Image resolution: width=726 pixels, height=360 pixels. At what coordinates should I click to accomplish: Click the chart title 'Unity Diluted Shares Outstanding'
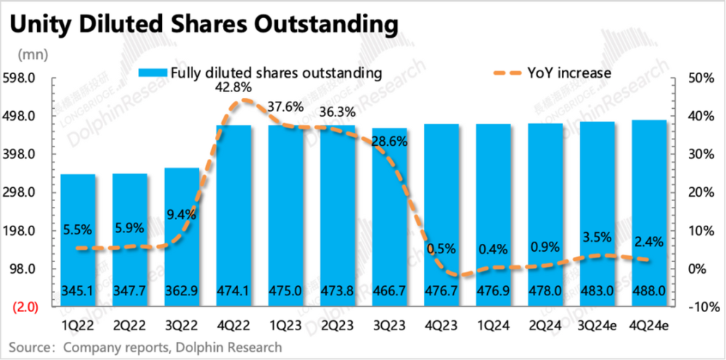[204, 24]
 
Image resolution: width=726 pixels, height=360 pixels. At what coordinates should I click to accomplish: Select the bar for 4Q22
[234, 210]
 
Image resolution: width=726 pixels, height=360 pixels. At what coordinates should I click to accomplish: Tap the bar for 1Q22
[78, 232]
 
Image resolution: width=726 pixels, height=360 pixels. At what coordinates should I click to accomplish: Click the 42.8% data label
[234, 86]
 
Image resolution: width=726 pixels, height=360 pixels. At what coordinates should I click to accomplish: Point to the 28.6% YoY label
[390, 141]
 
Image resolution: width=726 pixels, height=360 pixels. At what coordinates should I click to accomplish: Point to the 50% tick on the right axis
[694, 78]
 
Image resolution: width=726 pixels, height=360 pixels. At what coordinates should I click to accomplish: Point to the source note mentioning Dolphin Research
[146, 347]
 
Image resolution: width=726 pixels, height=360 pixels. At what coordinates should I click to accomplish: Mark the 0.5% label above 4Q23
[442, 249]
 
